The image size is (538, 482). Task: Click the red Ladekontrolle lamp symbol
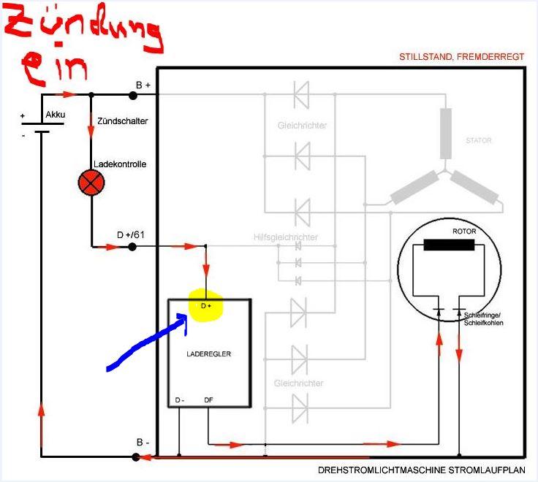click(91, 183)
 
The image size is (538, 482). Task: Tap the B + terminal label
click(143, 85)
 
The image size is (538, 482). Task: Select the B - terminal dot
click(135, 457)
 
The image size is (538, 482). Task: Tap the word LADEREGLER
click(209, 353)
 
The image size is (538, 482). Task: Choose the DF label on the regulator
click(209, 400)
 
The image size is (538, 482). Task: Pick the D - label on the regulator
click(181, 400)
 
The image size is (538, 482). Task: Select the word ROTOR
click(464, 232)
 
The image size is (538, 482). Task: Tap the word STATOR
click(479, 139)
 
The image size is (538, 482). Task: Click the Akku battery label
click(56, 115)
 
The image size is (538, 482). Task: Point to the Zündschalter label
click(123, 120)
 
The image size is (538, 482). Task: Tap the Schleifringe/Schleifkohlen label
click(483, 319)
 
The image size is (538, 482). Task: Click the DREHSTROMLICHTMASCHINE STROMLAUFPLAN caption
click(421, 471)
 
